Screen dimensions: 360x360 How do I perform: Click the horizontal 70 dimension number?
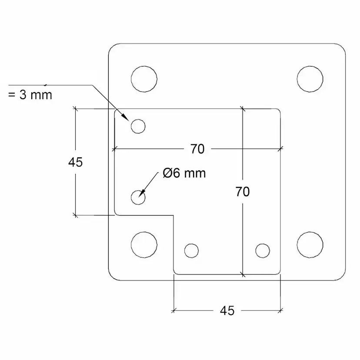click(197, 149)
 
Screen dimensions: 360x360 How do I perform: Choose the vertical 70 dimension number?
click(243, 192)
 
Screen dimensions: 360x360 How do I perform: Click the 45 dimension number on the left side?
click(75, 162)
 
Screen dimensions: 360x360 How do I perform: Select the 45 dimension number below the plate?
click(227, 310)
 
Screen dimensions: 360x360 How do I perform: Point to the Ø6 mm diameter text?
click(184, 173)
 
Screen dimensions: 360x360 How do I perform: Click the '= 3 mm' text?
click(30, 95)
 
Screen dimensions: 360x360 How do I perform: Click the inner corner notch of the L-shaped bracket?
click(173, 215)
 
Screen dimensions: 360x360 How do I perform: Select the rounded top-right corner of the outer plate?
click(342, 47)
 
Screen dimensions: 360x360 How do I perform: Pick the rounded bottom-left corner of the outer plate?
click(112, 277)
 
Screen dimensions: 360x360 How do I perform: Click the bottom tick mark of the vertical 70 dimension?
click(243, 274)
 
